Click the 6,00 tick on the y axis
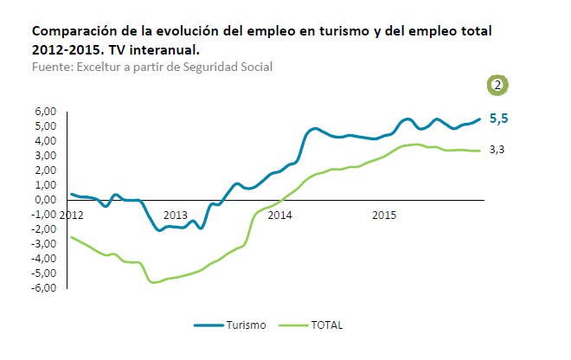pos(45,111)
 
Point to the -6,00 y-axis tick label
pos(43,287)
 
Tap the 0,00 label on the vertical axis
pos(45,199)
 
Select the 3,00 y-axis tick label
pos(45,155)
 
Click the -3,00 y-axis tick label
pos(43,243)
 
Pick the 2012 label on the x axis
pos(72,214)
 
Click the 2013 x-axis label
pos(175,214)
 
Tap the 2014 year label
pos(279,214)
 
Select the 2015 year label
pos(384,214)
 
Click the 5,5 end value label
pos(498,119)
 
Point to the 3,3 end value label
pos(497,150)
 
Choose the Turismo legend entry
pos(246,325)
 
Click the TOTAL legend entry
pos(326,325)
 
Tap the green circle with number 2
pos(498,85)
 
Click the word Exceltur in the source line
pos(100,66)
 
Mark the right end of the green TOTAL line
pos(479,151)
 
